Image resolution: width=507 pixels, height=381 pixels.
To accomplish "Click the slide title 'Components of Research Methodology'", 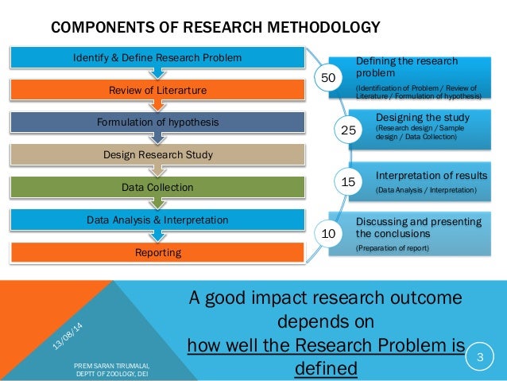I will (x=215, y=29).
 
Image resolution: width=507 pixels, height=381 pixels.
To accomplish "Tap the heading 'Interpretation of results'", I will (x=432, y=175).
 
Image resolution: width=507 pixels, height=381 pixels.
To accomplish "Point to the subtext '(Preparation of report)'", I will (x=392, y=249).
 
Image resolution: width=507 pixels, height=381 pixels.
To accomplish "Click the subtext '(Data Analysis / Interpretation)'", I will (x=426, y=191).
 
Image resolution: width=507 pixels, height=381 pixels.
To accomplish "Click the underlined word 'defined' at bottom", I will (x=326, y=368).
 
